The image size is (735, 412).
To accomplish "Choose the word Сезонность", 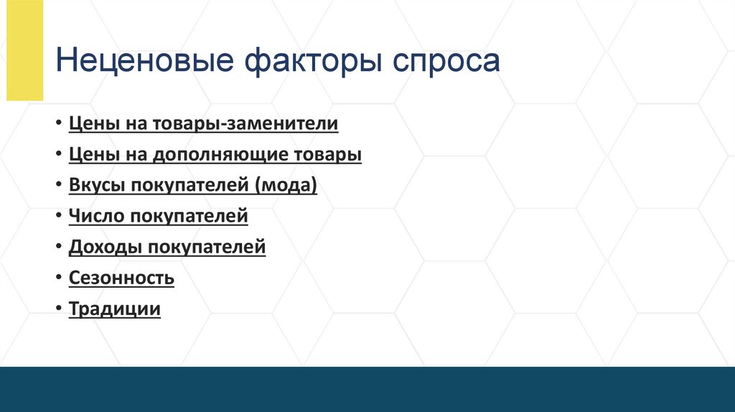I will coord(121,278).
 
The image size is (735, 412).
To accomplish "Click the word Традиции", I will coord(115,309).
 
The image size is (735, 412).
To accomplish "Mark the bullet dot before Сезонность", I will coord(58,278).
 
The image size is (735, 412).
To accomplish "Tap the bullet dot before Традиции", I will coord(58,309).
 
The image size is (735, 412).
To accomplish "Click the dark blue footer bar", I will coord(367,389).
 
